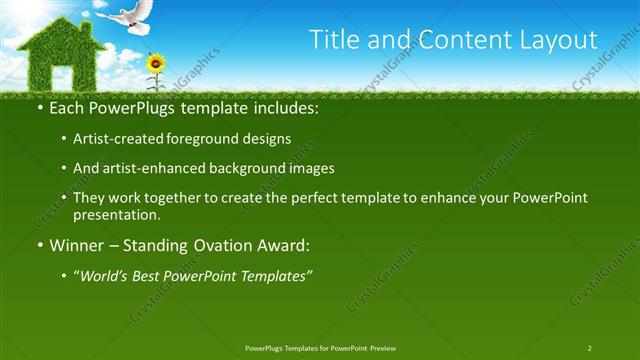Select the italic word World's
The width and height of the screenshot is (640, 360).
click(x=108, y=275)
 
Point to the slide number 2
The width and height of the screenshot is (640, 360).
click(x=589, y=347)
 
